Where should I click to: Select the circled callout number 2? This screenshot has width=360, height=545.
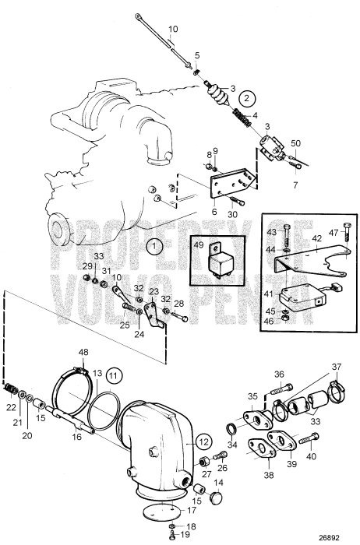[246, 99]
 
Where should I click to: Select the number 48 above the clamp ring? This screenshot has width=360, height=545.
[83, 352]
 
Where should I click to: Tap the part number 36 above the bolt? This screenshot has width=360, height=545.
[279, 374]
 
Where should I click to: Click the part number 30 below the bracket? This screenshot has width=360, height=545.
[232, 215]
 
